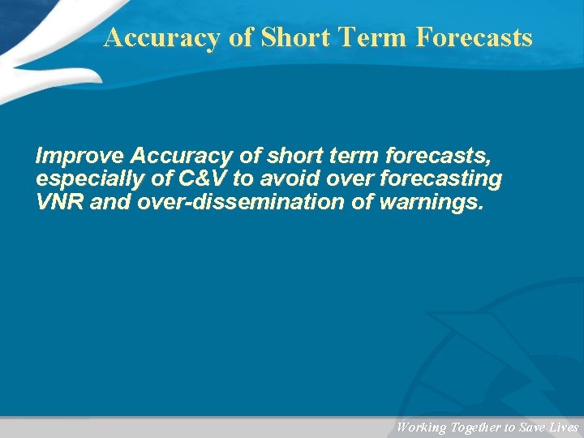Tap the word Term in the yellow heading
377,37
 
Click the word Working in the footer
420,427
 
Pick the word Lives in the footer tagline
563,427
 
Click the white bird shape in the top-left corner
41,41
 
